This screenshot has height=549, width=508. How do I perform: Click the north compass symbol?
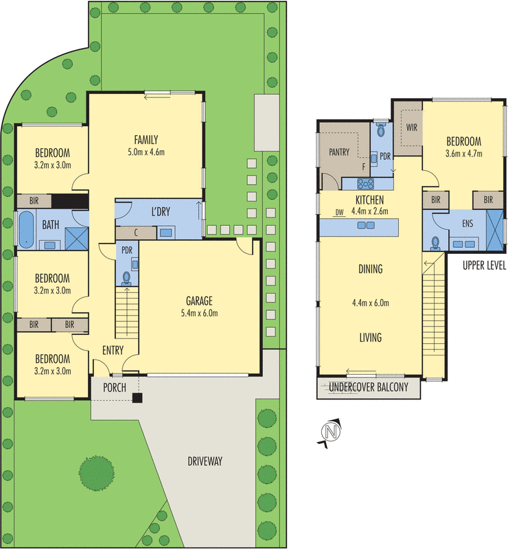coord(330,433)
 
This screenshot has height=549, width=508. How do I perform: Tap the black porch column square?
coord(137,398)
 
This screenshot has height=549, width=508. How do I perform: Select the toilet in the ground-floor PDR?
coord(126,279)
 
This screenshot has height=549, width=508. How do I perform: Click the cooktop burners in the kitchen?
coord(365,183)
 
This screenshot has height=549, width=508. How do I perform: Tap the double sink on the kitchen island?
coord(366,225)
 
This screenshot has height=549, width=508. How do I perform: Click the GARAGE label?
coord(199,301)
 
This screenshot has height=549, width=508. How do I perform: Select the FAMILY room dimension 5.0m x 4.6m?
coord(146,152)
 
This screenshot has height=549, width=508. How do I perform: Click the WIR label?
coord(412,127)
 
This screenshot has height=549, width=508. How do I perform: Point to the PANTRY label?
coord(339,152)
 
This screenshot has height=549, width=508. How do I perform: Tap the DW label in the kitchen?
coord(340,212)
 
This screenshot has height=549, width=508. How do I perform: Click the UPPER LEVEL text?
coord(484,266)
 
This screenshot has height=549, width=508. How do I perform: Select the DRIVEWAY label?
coord(205,461)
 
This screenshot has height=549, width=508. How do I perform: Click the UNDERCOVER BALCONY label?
coord(369,387)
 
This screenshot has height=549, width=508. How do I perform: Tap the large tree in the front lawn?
coord(96,473)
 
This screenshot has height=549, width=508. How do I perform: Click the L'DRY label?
coord(161,211)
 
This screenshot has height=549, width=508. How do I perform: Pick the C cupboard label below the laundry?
coord(136,233)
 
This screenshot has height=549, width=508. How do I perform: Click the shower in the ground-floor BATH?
coord(77,238)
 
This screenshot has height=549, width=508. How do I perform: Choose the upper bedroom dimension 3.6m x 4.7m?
coord(463,153)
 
